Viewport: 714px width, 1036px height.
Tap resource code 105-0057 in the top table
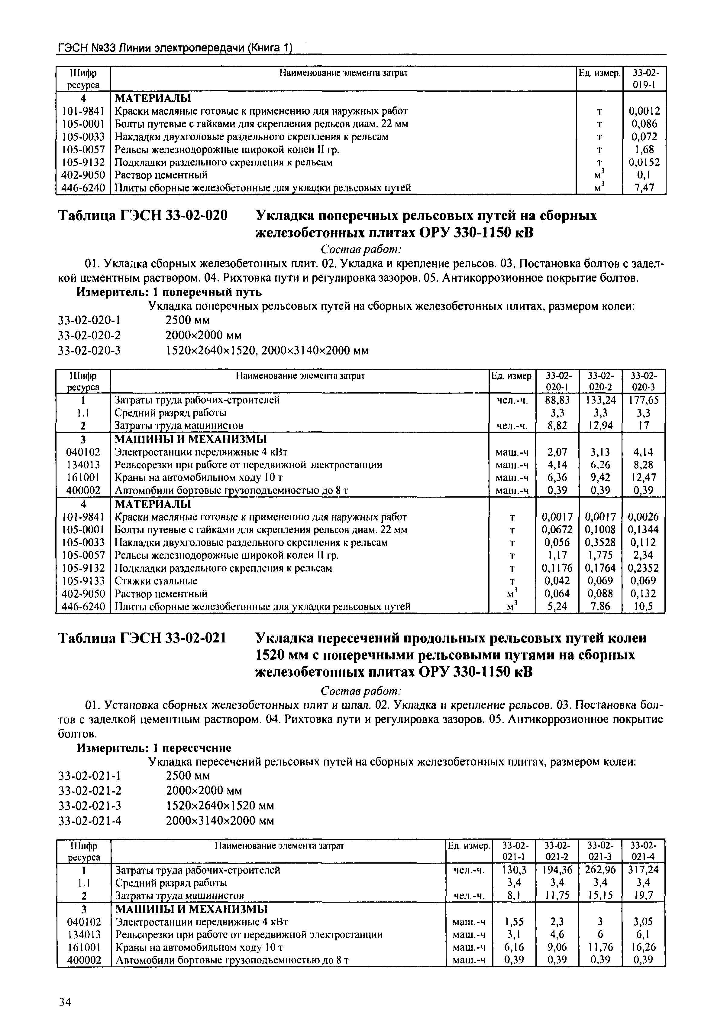point(83,149)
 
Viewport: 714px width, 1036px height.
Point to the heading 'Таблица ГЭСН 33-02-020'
point(143,216)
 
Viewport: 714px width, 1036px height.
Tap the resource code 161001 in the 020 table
point(83,478)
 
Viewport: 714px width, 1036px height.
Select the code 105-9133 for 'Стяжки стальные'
point(83,581)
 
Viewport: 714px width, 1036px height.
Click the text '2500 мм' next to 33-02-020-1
point(187,321)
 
